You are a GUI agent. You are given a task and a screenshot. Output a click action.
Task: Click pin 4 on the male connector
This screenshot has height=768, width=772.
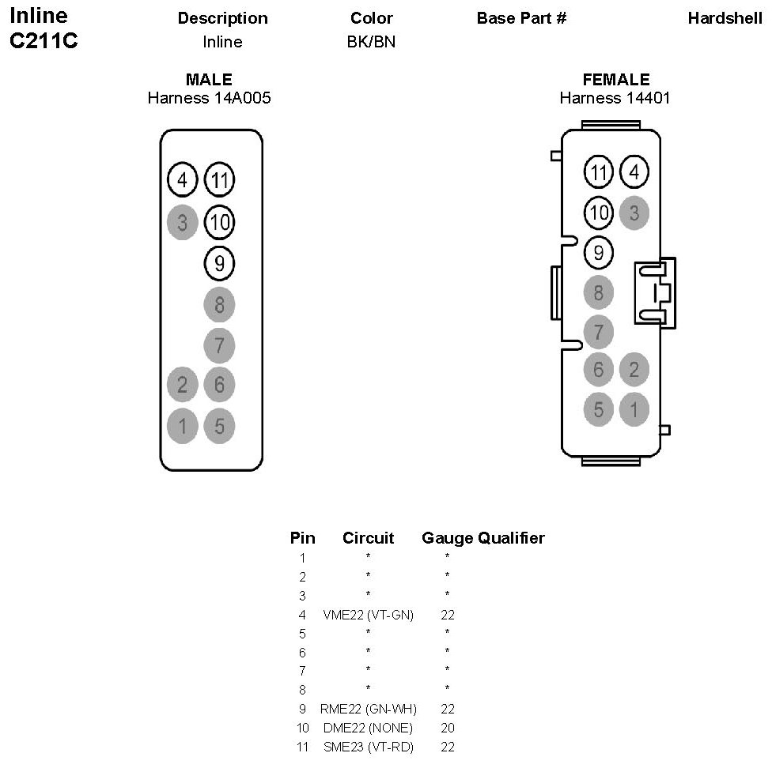click(x=182, y=181)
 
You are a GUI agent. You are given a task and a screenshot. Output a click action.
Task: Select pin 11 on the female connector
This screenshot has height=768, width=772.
click(x=599, y=171)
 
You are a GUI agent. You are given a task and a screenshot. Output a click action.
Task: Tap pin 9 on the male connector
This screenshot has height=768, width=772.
click(x=219, y=263)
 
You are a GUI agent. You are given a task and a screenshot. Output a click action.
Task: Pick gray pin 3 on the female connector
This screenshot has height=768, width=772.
click(x=634, y=212)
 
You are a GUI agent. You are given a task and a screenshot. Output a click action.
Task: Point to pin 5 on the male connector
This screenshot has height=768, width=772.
click(x=219, y=427)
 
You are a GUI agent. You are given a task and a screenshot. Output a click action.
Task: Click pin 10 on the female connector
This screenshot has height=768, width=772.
click(x=599, y=212)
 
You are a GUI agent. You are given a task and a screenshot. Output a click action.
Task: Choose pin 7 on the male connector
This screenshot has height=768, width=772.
click(x=219, y=345)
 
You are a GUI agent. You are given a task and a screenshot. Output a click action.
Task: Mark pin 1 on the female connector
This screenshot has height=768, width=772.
click(x=634, y=409)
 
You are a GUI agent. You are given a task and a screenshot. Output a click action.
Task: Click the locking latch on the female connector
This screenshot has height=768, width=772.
click(x=656, y=292)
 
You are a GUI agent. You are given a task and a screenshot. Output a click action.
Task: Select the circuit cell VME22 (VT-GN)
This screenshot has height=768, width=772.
click(x=369, y=615)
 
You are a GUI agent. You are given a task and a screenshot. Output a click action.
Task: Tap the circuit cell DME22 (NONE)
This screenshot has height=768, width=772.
click(x=369, y=728)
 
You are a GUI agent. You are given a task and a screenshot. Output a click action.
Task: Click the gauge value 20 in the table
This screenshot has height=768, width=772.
click(x=448, y=728)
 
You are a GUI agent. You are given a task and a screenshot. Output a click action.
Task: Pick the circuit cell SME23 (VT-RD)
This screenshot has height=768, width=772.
click(x=369, y=747)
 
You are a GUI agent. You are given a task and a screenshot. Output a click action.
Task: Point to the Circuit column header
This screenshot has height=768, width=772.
click(x=368, y=539)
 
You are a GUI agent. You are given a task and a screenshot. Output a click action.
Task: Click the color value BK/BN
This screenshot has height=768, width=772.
click(x=372, y=42)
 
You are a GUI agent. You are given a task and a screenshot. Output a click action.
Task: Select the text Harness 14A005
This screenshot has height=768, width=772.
click(x=209, y=98)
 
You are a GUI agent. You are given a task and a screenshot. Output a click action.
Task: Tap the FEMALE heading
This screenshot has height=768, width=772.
click(x=615, y=80)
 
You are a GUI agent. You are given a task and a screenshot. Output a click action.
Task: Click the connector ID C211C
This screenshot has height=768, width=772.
click(x=44, y=41)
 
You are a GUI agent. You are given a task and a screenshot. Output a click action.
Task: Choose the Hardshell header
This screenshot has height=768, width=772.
click(x=725, y=18)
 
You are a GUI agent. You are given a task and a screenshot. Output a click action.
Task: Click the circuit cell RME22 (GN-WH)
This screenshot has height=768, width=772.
click(x=369, y=709)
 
